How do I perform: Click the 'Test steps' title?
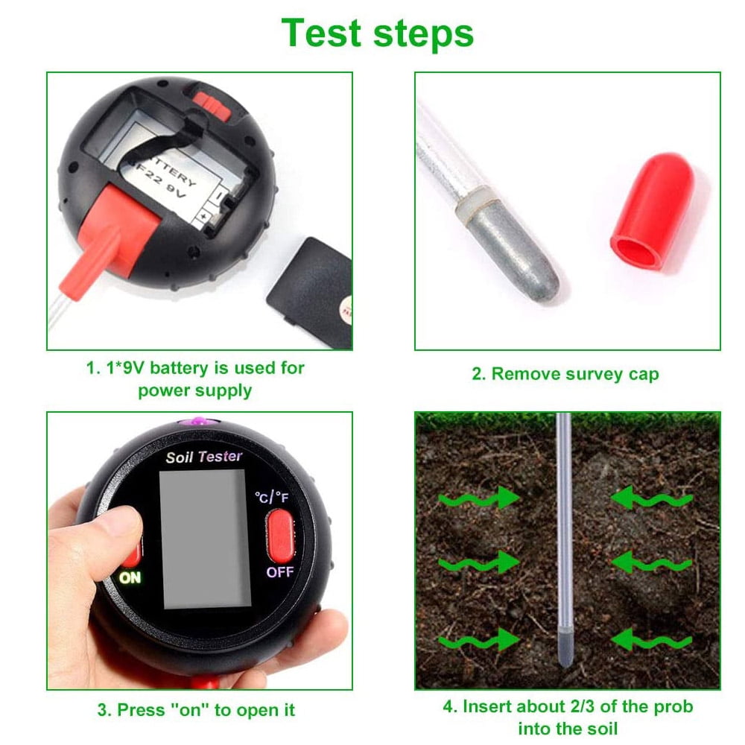point(377,33)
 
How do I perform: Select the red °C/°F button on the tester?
point(280,536)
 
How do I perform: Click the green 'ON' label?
point(130,577)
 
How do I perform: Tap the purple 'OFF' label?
point(280,572)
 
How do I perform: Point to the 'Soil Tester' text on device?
point(203,456)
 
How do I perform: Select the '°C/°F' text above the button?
point(271,496)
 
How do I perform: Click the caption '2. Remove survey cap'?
point(565,374)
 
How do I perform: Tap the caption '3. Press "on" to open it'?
point(197,710)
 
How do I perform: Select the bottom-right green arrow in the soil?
point(651,639)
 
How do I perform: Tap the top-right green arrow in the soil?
point(651,498)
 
